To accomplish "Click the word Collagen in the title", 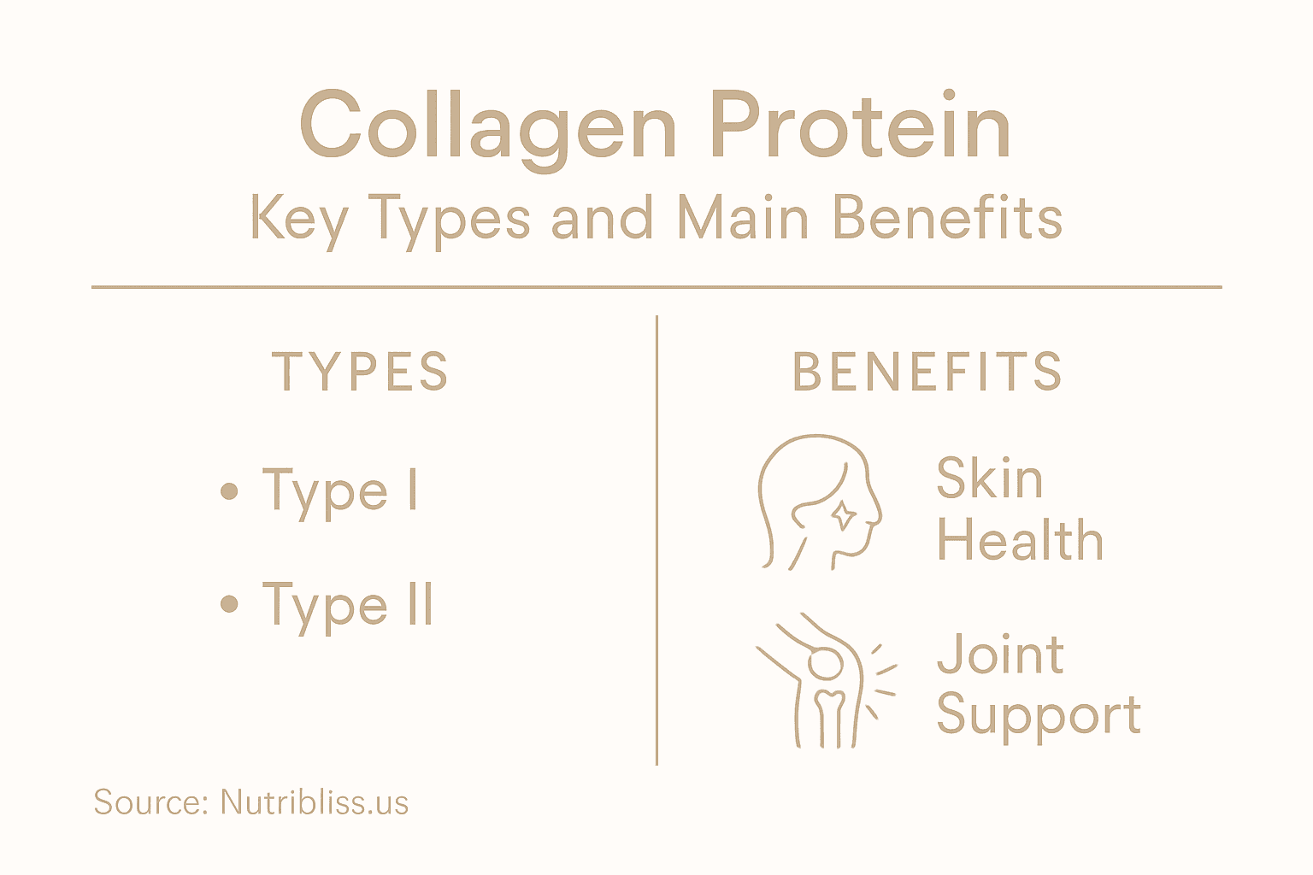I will tap(488, 126).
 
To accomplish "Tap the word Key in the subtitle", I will tap(298, 219).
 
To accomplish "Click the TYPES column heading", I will tap(360, 372).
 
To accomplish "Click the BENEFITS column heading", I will tap(927, 372).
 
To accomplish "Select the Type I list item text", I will tap(340, 491).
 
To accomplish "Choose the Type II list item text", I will tap(348, 606).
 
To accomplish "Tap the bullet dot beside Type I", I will tap(228, 491).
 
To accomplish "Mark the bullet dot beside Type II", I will tap(228, 605).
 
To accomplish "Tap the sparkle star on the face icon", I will tap(844, 514).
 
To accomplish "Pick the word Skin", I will tap(989, 478).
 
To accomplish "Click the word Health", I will tap(1020, 540).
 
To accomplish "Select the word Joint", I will tap(1000, 655).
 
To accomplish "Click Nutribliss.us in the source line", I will tap(314, 802).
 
